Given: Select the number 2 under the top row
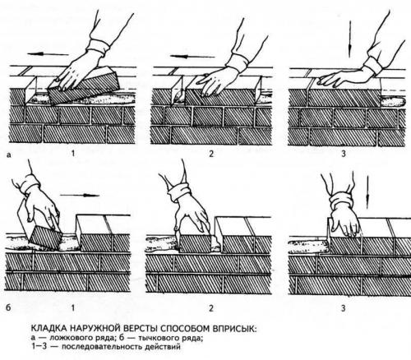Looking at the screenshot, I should click(211, 153).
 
